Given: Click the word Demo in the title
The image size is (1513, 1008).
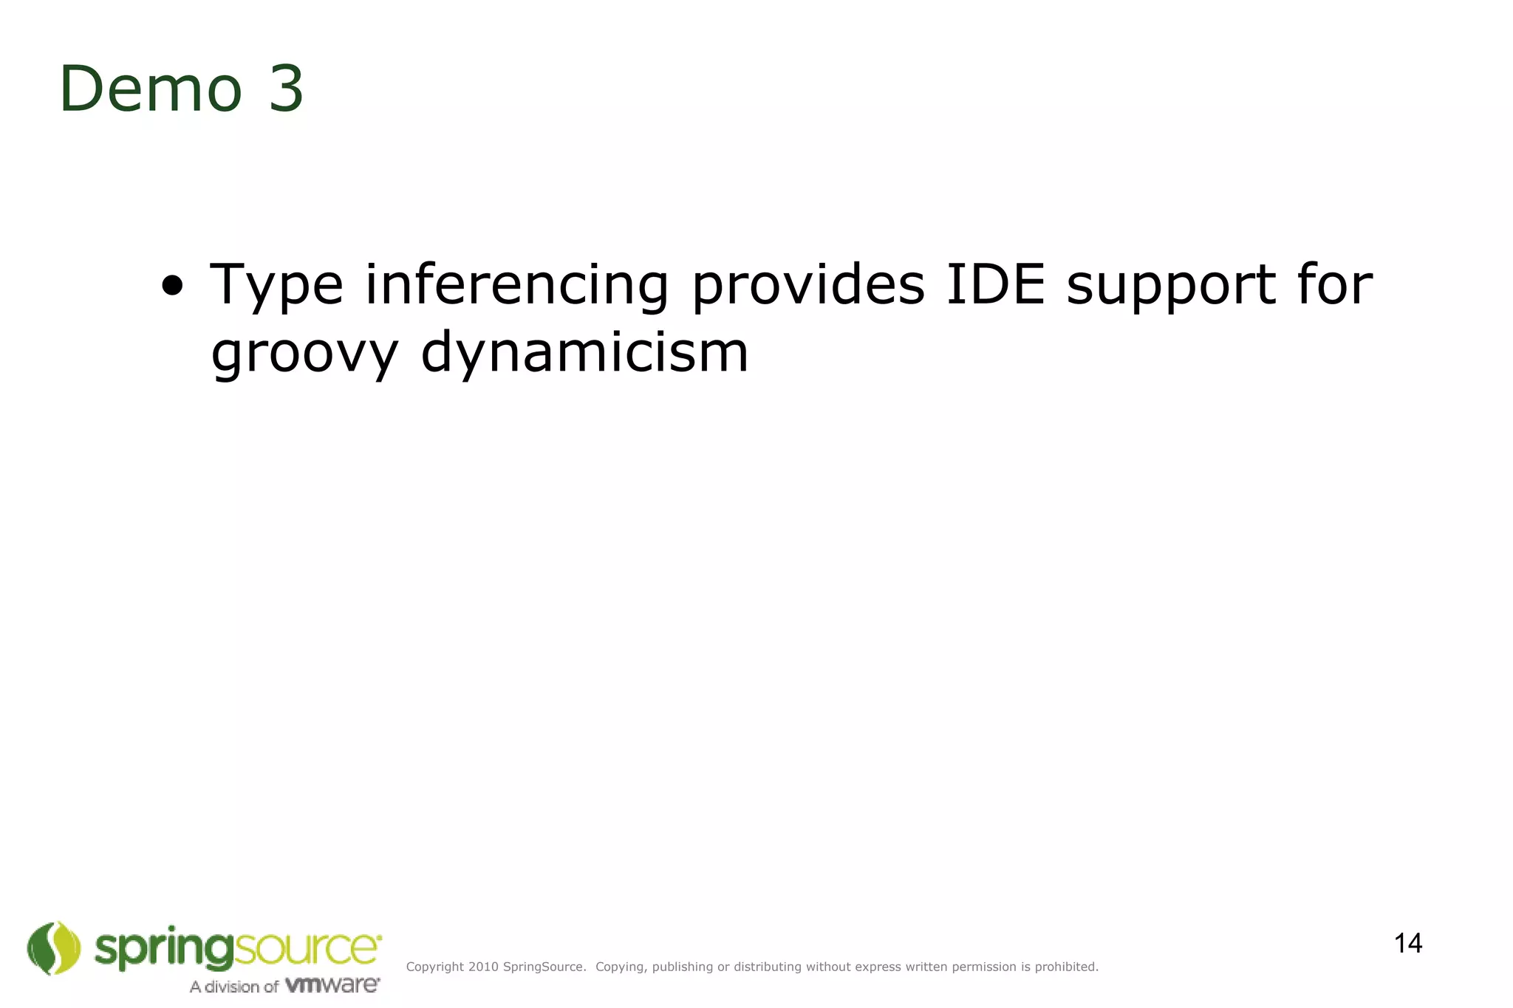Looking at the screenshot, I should pos(151,89).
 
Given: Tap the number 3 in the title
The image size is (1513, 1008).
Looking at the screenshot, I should pos(286,89).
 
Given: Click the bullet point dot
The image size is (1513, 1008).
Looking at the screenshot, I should pos(172,286).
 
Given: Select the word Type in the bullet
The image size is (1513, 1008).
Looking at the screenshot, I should pos(277,286).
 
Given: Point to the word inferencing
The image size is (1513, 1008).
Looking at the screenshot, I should pos(517,286).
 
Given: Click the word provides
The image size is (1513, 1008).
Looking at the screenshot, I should pos(807,284).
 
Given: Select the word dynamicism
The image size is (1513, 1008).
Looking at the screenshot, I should pos(584,354).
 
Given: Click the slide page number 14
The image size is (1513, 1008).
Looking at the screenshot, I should pos(1408,944).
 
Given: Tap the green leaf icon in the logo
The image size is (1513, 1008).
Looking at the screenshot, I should pos(54,947).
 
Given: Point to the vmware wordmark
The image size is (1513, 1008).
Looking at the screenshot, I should pos(332,985).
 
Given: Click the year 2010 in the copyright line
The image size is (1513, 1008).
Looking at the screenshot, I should pos(483,967).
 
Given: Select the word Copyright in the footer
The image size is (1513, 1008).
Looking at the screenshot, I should pos(435,967).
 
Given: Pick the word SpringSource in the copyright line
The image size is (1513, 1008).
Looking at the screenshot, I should pos(544,967).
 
